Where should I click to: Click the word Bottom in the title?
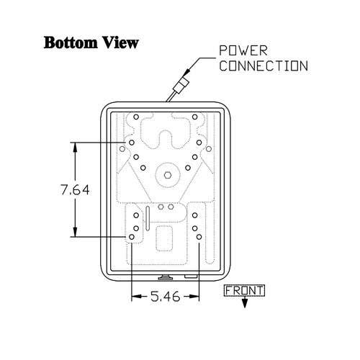(70, 42)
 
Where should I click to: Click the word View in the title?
(120, 42)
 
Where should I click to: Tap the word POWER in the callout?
(243, 50)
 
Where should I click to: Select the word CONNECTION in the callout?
(264, 66)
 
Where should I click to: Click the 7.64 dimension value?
(75, 189)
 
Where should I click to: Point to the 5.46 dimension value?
(166, 297)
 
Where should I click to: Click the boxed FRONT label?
(244, 291)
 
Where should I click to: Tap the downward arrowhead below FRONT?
(244, 304)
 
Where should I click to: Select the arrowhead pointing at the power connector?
(188, 71)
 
